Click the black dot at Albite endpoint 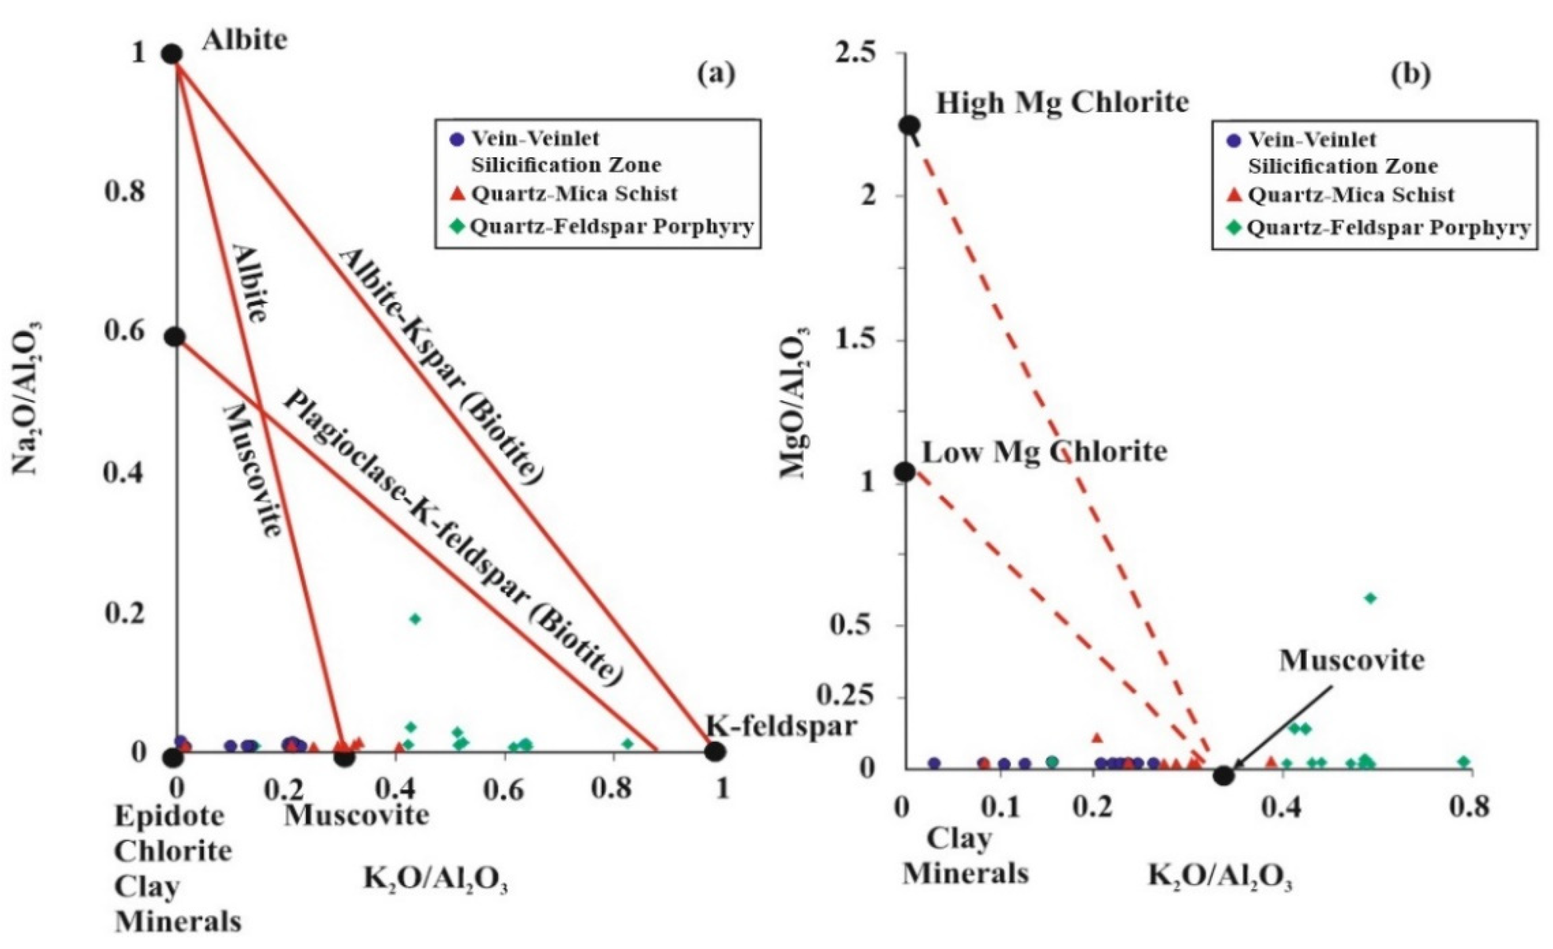(x=173, y=54)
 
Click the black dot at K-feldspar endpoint (x=714, y=751)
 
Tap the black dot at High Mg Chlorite (x=909, y=125)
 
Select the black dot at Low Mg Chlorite (x=906, y=471)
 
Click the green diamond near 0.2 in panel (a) (x=415, y=619)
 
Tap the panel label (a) (x=716, y=74)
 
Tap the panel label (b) (x=1411, y=74)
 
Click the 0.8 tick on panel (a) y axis (x=124, y=192)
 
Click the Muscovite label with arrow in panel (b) (x=1351, y=660)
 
